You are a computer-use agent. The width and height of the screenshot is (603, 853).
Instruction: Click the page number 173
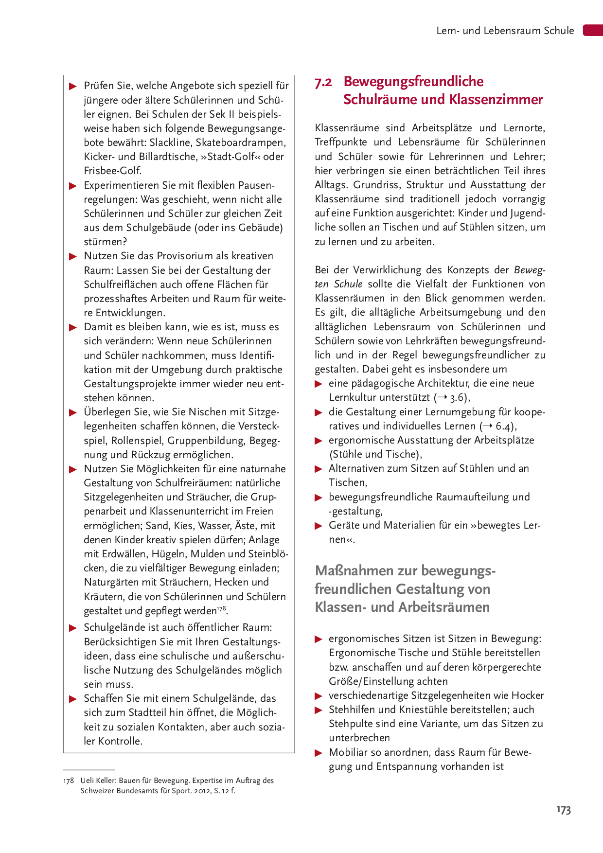click(x=564, y=810)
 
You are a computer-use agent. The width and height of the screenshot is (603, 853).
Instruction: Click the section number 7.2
click(x=323, y=82)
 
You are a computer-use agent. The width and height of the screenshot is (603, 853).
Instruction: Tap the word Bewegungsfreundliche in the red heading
click(x=413, y=81)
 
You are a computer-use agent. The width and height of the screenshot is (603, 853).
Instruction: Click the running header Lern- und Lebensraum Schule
click(x=505, y=31)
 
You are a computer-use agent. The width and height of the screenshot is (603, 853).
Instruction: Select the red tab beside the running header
click(x=593, y=30)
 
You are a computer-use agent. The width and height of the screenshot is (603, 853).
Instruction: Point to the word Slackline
click(x=171, y=142)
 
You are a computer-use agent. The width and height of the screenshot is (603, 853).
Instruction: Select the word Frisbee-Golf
click(x=113, y=171)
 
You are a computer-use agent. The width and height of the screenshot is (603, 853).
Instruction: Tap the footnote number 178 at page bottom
click(x=68, y=781)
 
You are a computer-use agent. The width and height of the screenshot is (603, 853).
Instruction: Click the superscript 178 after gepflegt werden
click(x=222, y=608)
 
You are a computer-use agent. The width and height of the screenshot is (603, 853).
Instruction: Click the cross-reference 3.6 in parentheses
click(x=458, y=398)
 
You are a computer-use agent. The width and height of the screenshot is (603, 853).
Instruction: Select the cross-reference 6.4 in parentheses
click(x=504, y=426)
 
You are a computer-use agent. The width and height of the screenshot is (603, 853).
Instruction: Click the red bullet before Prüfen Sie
click(x=73, y=87)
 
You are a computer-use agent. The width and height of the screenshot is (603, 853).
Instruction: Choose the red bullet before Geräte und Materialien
click(x=319, y=526)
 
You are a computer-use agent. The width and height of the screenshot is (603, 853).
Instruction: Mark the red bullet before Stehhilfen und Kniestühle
click(x=319, y=710)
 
